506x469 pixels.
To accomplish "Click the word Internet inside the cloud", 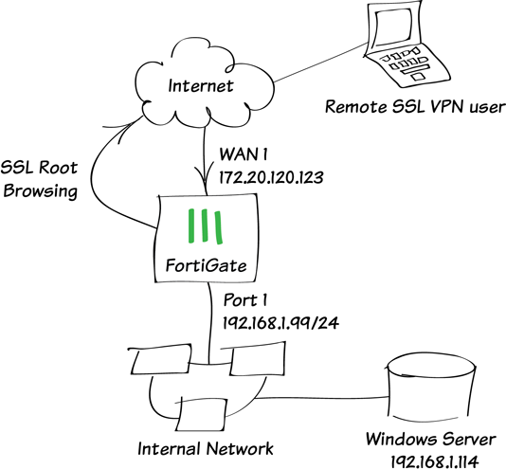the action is click(200, 86).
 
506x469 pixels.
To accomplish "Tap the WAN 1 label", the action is click(244, 154).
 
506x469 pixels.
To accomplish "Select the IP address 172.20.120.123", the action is click(271, 177).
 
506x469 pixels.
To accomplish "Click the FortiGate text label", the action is click(206, 265).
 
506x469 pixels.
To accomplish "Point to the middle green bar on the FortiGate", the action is click(204, 225).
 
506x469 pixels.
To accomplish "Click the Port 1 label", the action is click(244, 300).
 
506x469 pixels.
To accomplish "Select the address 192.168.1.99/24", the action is click(280, 323).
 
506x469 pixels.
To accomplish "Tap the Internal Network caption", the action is click(206, 449).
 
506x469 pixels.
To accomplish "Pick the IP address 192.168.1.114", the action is click(434, 461).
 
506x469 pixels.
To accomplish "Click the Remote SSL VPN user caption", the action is click(415, 107).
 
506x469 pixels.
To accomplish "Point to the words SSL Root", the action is click(39, 168).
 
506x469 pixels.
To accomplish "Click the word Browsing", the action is click(41, 191).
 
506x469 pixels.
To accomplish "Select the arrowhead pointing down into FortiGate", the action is click(204, 175).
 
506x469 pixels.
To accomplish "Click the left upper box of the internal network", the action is click(161, 360).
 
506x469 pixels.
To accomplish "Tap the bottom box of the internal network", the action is click(200, 414).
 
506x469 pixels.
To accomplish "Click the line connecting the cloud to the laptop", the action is click(320, 62).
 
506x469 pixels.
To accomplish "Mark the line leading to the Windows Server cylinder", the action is click(321, 398).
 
